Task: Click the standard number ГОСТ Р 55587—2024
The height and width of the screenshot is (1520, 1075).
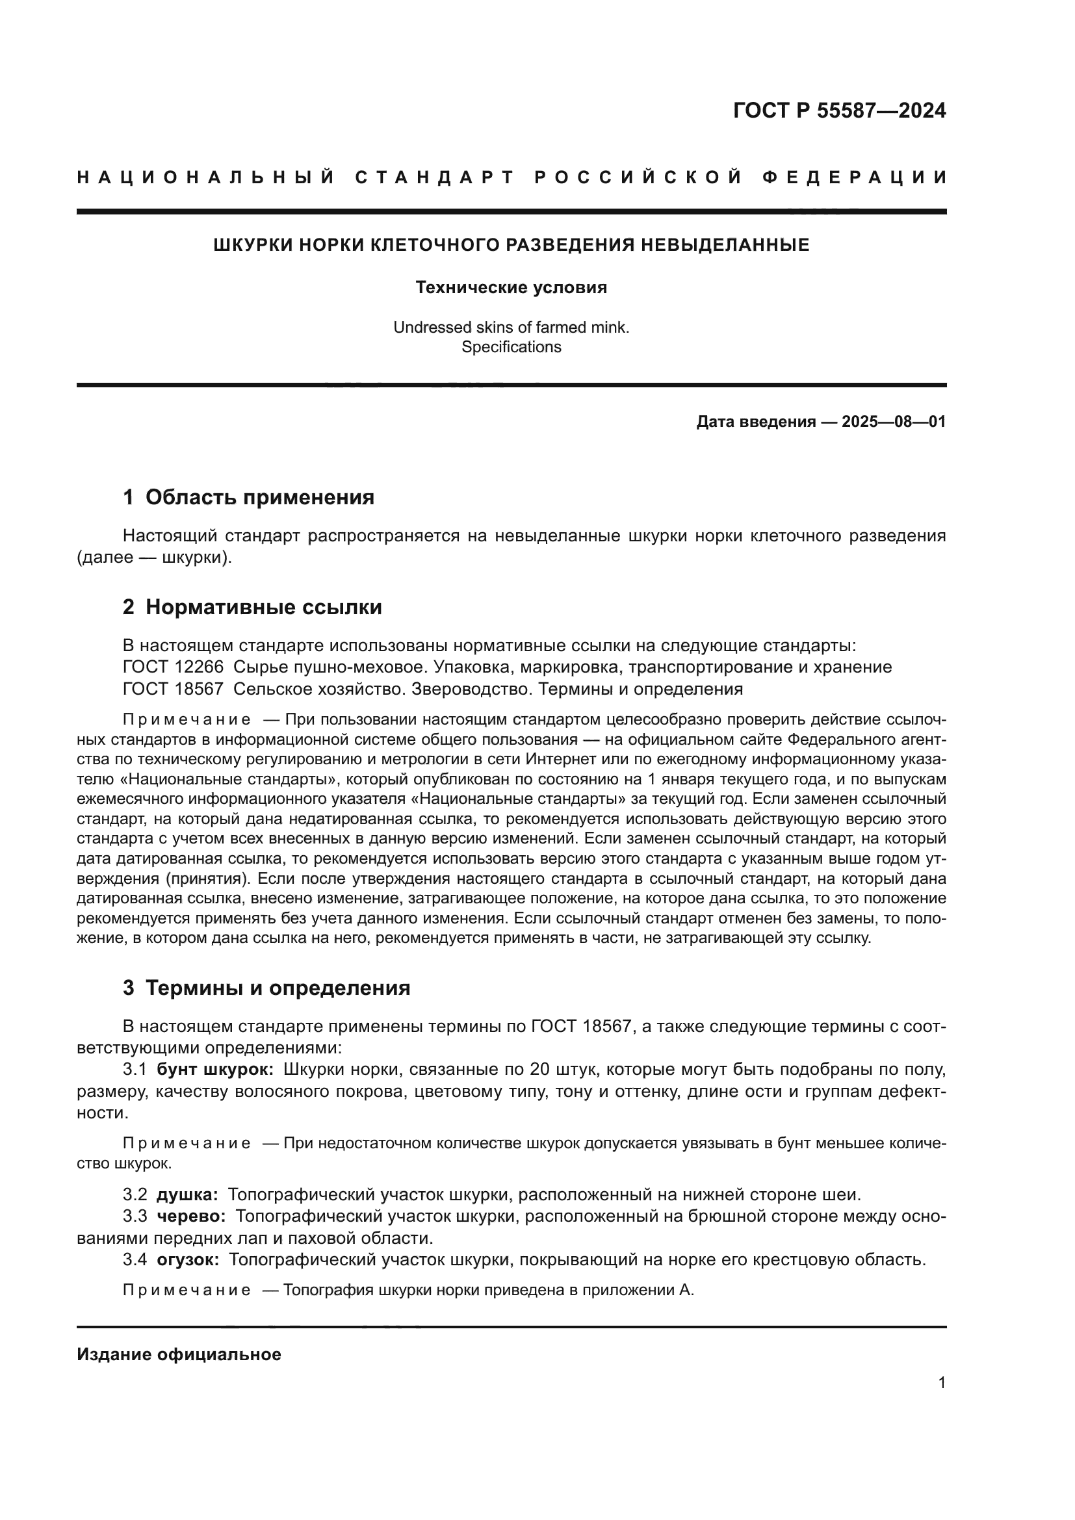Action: [838, 110]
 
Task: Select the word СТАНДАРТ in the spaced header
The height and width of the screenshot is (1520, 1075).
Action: [435, 177]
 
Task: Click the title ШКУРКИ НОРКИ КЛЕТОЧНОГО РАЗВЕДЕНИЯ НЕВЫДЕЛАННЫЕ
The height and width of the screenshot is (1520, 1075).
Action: [511, 245]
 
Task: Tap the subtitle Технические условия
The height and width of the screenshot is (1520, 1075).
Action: [511, 287]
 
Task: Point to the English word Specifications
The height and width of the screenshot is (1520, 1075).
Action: [511, 347]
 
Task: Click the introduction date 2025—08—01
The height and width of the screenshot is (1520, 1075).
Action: [894, 422]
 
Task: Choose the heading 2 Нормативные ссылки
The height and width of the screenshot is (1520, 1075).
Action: [252, 606]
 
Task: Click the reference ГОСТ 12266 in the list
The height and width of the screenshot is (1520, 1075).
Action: [173, 667]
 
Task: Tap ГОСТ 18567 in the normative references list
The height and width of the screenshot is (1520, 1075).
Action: [173, 688]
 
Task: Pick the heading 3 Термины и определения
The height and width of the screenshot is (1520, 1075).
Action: [266, 988]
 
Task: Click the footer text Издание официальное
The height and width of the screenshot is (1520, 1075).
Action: [179, 1354]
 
